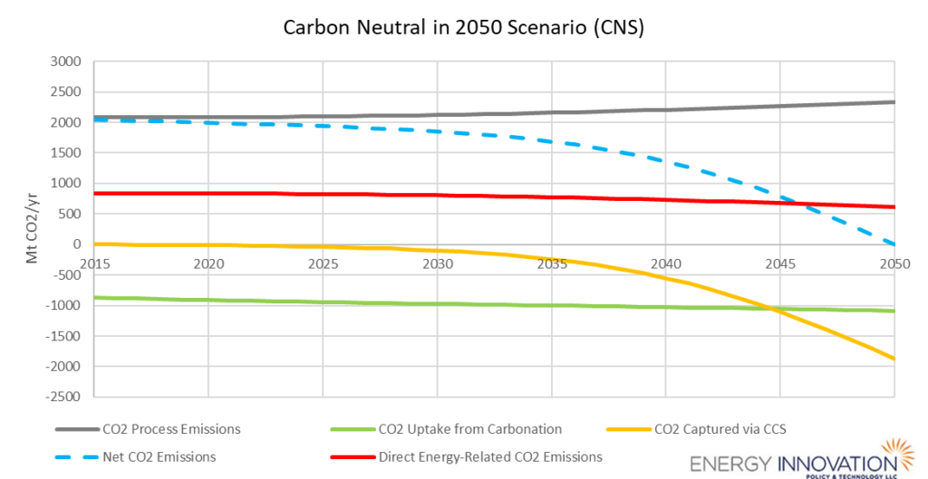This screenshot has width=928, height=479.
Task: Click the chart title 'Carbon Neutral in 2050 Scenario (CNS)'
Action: pyautogui.click(x=463, y=27)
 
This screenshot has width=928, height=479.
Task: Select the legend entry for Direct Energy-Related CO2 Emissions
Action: pyautogui.click(x=490, y=456)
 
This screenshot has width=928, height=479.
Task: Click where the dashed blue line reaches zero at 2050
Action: pyautogui.click(x=894, y=244)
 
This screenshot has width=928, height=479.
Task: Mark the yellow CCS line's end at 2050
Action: pyautogui.click(x=894, y=359)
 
